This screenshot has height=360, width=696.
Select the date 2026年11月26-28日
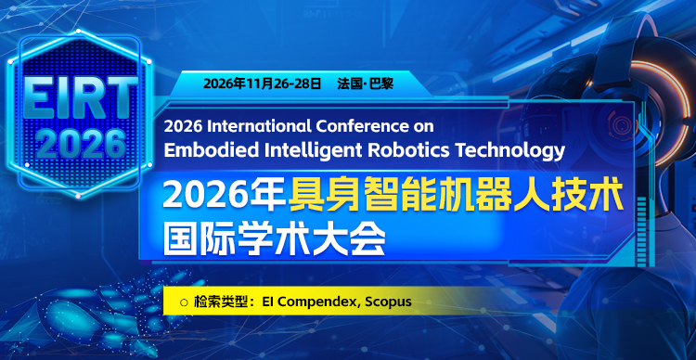point(264,84)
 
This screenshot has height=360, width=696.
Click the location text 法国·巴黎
point(366,84)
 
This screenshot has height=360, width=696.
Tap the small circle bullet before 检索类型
point(184,302)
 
